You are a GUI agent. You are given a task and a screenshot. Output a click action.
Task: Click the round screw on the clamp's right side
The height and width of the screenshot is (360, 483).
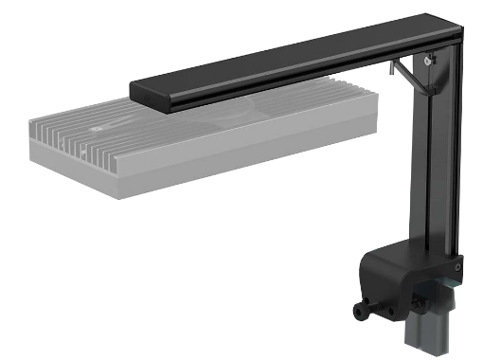(x=458, y=267)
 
